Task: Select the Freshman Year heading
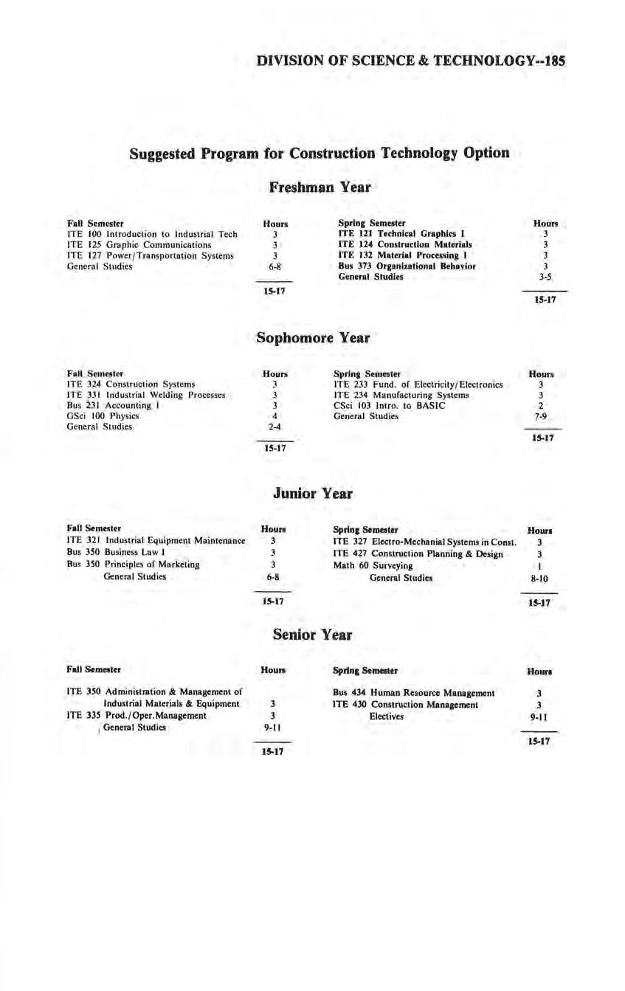320,187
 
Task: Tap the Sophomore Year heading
312,338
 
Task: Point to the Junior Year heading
312,494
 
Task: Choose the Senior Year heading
312,635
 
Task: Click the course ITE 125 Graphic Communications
139,244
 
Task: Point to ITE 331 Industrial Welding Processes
145,395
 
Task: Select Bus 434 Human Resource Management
413,693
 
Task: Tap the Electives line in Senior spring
387,716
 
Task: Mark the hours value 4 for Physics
274,416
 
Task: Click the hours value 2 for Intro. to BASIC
541,406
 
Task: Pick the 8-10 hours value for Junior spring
540,579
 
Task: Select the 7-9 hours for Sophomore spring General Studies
541,417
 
